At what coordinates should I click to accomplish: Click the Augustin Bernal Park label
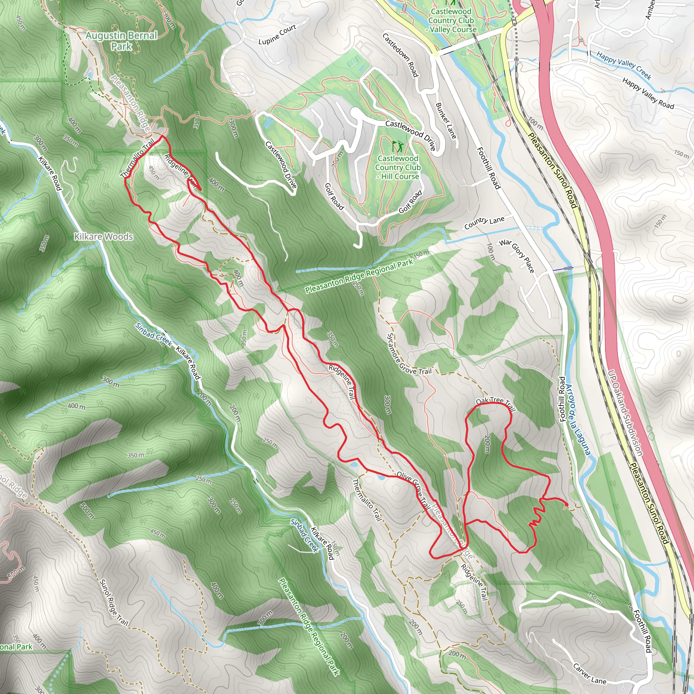coord(121,41)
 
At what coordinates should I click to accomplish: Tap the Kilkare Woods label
coord(103,237)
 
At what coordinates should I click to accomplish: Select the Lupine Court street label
coord(277,35)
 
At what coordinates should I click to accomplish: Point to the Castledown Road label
coord(400,55)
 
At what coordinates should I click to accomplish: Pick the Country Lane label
coord(484,223)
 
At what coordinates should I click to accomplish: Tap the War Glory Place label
coord(517,256)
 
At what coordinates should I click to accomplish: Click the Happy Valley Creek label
coord(624,65)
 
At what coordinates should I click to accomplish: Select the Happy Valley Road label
coord(648,93)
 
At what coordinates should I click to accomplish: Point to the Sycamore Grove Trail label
coord(409,354)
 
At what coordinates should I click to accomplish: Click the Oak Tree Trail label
coord(495,403)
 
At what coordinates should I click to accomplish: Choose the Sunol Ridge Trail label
coord(114,603)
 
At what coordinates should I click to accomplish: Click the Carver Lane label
coord(589,674)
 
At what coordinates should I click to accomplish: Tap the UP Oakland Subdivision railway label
coord(625,413)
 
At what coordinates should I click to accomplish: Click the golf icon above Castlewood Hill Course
coord(397,146)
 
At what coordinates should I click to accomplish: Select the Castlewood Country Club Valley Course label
coord(451,20)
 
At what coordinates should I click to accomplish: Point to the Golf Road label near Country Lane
coord(410,202)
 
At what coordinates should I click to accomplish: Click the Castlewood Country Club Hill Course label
coord(397,167)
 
